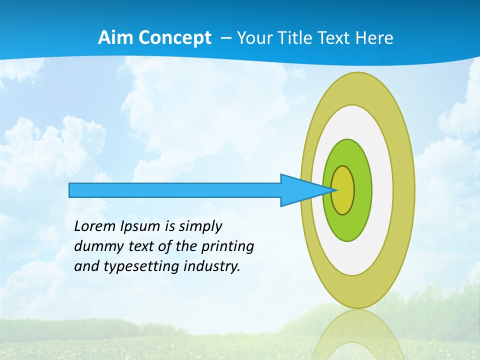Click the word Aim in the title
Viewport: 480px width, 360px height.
pyautogui.click(x=116, y=38)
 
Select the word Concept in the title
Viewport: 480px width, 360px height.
pyautogui.click(x=175, y=38)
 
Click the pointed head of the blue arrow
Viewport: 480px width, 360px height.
pyautogui.click(x=300, y=190)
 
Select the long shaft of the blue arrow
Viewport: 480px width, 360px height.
pyautogui.click(x=175, y=190)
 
